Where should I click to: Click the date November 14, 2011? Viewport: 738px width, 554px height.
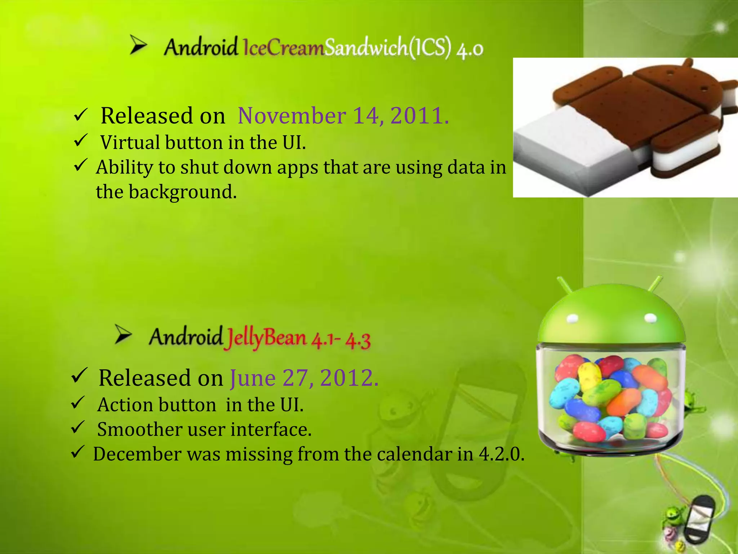tap(343, 116)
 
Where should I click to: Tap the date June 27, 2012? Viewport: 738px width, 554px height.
tap(304, 378)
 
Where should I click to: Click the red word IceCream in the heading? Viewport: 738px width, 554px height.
tap(284, 48)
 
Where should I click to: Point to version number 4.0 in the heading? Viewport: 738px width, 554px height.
tap(470, 49)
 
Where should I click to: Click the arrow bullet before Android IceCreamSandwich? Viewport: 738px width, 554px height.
tap(138, 46)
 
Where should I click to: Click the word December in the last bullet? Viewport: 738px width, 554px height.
tap(137, 454)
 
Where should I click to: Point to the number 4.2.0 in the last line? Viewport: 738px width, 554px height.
tap(501, 454)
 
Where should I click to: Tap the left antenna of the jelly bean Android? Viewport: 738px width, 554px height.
tap(564, 285)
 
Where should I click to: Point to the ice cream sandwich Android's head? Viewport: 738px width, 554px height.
tap(677, 83)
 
